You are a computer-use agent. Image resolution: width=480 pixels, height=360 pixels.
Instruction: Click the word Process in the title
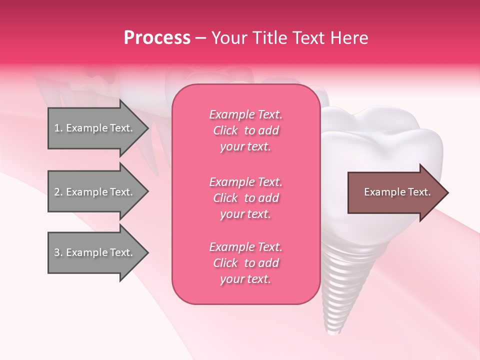click(x=157, y=38)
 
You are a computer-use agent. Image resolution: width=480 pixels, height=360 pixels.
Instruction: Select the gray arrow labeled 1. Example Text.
click(x=95, y=128)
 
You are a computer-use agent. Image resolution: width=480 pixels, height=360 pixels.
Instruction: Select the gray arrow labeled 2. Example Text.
click(x=95, y=192)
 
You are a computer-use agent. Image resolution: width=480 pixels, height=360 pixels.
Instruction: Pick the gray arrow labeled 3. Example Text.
click(x=95, y=252)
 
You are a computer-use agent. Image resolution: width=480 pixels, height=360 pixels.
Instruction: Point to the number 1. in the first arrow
click(x=58, y=128)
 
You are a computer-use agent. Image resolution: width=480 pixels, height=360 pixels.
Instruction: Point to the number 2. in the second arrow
click(x=58, y=192)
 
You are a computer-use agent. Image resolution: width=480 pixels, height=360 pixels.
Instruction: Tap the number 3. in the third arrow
click(x=58, y=252)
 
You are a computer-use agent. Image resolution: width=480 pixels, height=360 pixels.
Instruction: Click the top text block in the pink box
click(x=246, y=130)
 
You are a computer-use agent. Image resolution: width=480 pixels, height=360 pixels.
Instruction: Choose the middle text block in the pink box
click(x=246, y=198)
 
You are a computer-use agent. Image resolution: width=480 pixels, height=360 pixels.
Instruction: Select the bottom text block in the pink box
click(x=246, y=263)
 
